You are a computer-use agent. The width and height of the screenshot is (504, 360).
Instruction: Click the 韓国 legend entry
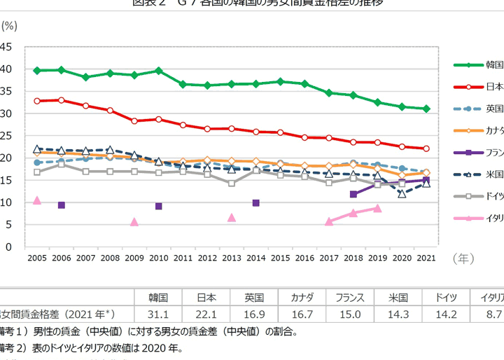493,64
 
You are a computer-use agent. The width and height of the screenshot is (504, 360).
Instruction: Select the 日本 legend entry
493,87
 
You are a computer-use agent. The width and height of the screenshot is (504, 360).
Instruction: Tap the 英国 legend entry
493,109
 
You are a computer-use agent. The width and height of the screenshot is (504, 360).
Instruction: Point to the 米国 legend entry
493,174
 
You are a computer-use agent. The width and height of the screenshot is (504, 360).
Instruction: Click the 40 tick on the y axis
6,69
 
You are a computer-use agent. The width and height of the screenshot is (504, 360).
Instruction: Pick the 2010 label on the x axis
159,258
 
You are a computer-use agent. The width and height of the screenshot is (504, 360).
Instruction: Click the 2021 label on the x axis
426,258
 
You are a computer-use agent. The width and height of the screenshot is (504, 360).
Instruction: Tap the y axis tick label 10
6,202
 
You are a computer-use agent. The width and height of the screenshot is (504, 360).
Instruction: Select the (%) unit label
9,25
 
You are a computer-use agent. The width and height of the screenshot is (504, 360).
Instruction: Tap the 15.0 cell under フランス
349,314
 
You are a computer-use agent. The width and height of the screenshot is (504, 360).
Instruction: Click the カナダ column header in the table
302,296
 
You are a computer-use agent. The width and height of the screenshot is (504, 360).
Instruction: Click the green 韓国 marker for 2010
159,71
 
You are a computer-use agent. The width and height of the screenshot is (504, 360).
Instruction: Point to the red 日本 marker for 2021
426,148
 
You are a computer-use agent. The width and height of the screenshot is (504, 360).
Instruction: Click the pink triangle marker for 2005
37,200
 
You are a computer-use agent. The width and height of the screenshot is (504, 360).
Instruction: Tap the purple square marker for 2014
256,203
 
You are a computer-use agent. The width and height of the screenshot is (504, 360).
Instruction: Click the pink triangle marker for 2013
232,218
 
